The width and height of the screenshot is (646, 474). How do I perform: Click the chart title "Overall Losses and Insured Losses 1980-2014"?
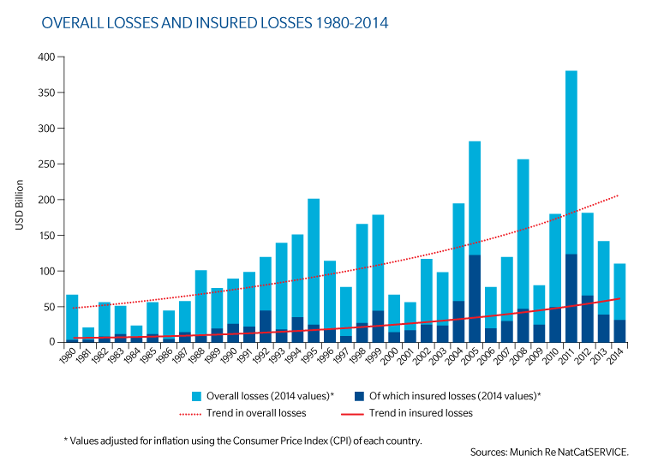coord(214,23)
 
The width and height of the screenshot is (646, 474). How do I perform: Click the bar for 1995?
coord(314,257)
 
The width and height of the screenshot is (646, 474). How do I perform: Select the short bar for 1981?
coord(88,333)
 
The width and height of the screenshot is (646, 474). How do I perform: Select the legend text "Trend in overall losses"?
coord(256,412)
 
